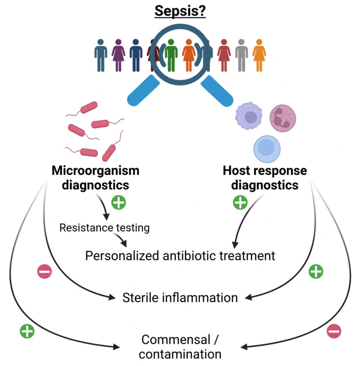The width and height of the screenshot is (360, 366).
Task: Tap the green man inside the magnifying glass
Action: (x=171, y=55)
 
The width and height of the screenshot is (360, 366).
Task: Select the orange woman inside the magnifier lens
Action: (x=189, y=55)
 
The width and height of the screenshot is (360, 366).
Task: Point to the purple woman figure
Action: (x=118, y=55)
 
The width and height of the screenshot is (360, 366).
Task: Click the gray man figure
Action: (x=241, y=55)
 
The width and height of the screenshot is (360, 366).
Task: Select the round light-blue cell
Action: (x=267, y=149)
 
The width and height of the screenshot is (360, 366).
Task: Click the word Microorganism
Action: (x=95, y=171)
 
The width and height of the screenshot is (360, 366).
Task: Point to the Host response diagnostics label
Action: (x=265, y=177)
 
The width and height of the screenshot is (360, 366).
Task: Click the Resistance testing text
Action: (x=104, y=228)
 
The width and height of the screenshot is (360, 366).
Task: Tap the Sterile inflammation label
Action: (x=180, y=298)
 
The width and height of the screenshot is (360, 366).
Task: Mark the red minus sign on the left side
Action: (x=44, y=272)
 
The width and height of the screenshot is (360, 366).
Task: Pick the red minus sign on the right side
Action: (x=334, y=331)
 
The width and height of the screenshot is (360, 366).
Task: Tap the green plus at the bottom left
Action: (x=27, y=331)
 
